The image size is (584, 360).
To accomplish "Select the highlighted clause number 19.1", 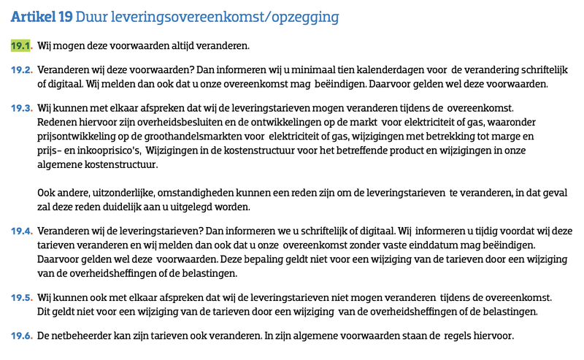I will click(21, 45).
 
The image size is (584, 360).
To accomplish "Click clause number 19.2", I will click(21, 70).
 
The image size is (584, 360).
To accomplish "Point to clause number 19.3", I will click(21, 108).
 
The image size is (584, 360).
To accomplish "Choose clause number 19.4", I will click(21, 230).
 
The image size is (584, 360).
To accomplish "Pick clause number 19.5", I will click(21, 298).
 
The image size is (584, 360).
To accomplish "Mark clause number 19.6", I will click(21, 336).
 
